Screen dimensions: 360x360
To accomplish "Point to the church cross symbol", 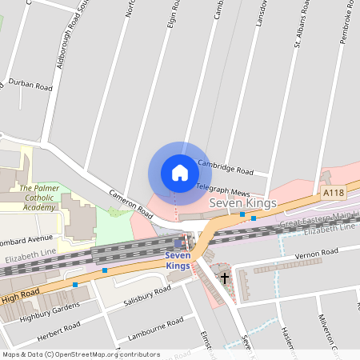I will pyautogui.click(x=225, y=278).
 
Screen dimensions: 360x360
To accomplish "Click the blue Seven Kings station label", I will pyautogui.click(x=178, y=260).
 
